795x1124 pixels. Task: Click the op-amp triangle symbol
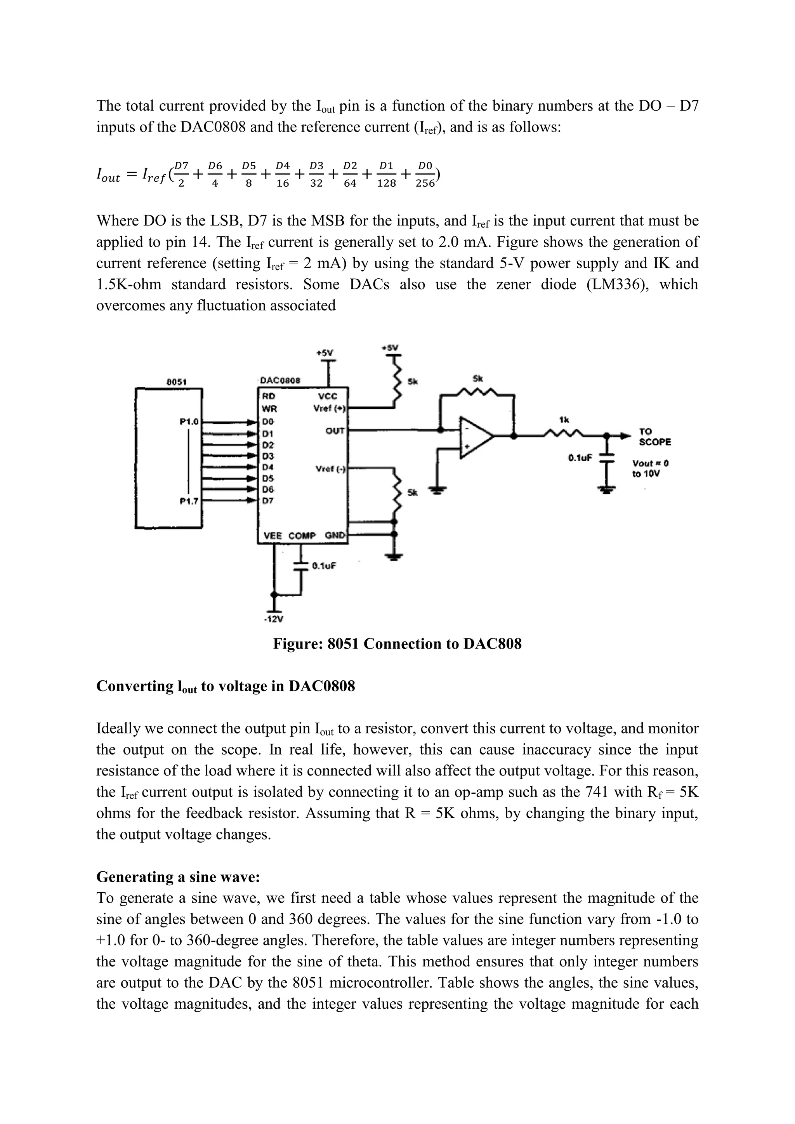474,437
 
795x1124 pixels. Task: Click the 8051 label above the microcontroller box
175,382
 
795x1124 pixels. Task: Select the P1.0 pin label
189,421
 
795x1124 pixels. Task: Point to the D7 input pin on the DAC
268,501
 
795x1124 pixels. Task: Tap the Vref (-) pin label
330,469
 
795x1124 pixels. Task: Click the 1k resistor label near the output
564,420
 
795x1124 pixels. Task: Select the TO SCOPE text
654,437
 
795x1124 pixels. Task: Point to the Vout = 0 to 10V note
650,468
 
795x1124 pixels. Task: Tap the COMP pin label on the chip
302,536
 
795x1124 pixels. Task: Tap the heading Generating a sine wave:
178,877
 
